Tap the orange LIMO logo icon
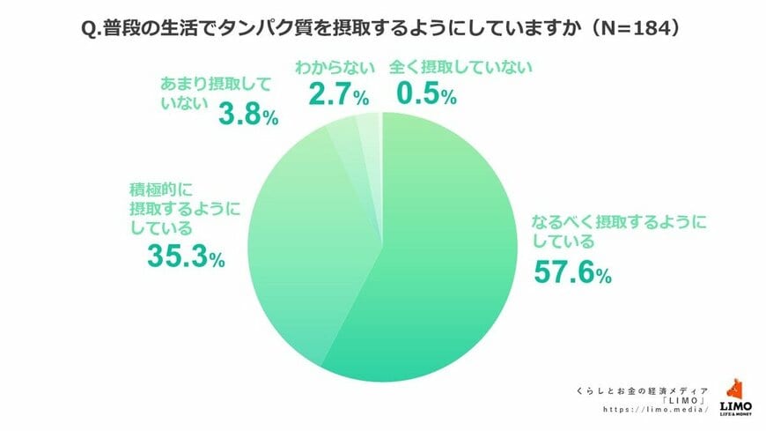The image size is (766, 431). [734, 390]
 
